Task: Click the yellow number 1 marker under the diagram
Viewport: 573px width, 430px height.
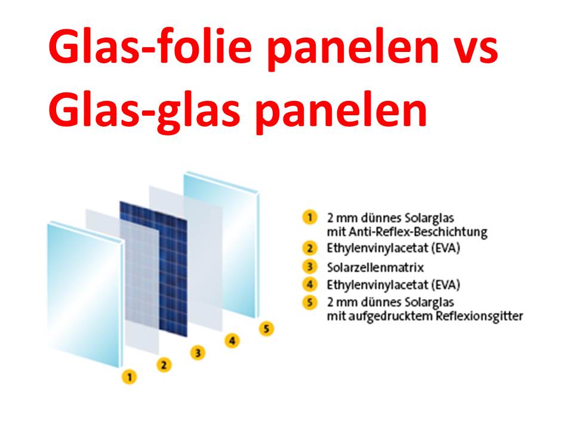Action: point(130,377)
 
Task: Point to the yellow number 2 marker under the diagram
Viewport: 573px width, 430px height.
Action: point(164,364)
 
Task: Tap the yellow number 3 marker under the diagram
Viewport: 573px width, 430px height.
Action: point(198,353)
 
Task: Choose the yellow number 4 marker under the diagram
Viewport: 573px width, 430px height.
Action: point(232,341)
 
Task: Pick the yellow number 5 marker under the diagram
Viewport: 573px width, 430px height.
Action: point(266,328)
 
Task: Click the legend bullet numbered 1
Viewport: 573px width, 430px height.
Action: point(310,217)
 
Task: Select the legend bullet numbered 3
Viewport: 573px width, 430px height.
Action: point(310,266)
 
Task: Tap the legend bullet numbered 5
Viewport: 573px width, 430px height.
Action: point(310,302)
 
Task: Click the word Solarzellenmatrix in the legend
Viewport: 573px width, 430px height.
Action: point(375,268)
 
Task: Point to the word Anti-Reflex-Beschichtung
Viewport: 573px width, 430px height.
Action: point(418,232)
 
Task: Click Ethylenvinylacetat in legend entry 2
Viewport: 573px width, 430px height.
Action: point(377,248)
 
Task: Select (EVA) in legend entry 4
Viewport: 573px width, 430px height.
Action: point(445,284)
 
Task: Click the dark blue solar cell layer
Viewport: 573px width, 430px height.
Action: point(153,269)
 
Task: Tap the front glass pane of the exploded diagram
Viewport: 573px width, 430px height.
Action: point(85,294)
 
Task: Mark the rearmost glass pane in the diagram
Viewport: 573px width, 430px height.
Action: point(221,244)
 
